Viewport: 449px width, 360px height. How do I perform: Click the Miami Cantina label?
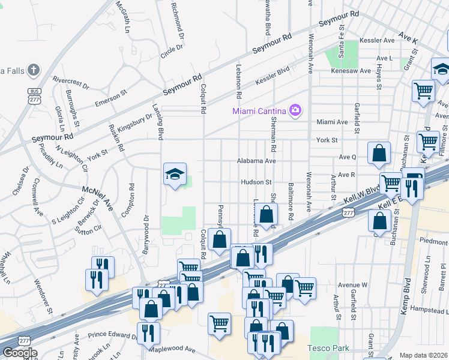[x=259, y=110]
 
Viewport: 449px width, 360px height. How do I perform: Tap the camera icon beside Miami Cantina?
[x=295, y=110]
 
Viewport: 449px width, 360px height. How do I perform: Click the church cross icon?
[x=34, y=70]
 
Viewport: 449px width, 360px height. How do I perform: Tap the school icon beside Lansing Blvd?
[x=174, y=175]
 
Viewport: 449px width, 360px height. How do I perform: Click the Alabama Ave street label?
[x=256, y=161]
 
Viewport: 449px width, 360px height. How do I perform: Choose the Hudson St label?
[x=256, y=182]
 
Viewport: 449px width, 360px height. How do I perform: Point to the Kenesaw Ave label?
[x=351, y=71]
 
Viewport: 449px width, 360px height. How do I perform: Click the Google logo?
[x=19, y=353]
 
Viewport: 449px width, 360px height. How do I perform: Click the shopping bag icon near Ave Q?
[x=379, y=154]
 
